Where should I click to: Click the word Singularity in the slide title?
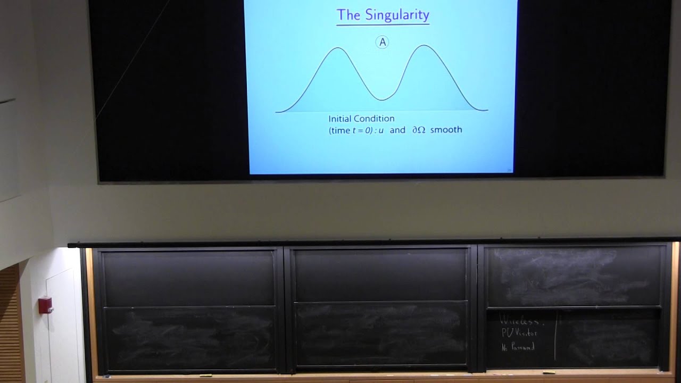[x=397, y=15]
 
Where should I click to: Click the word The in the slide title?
[x=348, y=15]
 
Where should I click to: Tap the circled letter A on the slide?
[x=382, y=43]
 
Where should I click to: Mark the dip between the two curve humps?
[x=382, y=99]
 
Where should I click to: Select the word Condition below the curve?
[x=376, y=119]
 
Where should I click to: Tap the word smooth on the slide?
[x=446, y=130]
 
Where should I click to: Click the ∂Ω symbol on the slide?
[x=419, y=130]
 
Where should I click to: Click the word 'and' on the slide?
[x=397, y=130]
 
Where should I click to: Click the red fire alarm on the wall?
[x=46, y=305]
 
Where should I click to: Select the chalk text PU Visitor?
[x=519, y=334]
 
